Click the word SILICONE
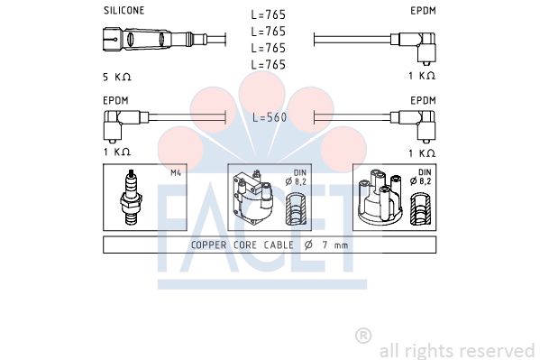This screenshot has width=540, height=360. pos(124,10)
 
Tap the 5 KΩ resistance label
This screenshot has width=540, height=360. pos(117,77)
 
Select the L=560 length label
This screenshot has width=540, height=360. pos(270,117)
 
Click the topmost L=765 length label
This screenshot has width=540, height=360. pos(269,14)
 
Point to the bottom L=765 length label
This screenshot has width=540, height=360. pos(269,64)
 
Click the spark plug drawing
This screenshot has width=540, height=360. pos(131,198)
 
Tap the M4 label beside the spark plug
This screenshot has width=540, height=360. pos(176,172)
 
